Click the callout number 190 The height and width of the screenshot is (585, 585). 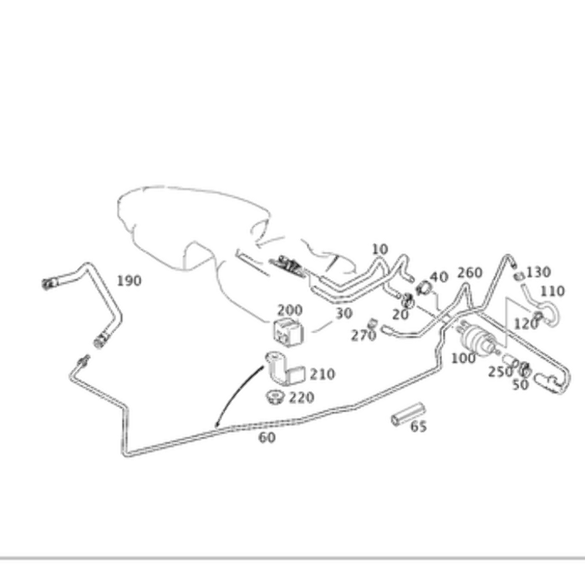pos(130,281)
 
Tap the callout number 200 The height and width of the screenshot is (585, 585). pos(290,310)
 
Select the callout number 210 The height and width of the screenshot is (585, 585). pos(323,374)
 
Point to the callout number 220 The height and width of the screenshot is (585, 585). pos(302,398)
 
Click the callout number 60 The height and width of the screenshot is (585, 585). pos(267,437)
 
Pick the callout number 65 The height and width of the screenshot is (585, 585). pos(419,426)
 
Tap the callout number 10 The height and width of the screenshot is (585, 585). pos(379,249)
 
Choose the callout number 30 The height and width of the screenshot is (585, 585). pos(344,313)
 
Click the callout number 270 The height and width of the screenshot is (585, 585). pos(364,336)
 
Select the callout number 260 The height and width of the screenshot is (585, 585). pos(470,272)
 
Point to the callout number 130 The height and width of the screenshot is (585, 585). pos(538,272)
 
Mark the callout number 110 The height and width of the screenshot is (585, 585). pos(552,291)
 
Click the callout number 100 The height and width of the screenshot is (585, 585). pos(464,359)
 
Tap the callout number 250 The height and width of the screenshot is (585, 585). pos(501,372)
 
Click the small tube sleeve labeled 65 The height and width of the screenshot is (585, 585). pos(408,415)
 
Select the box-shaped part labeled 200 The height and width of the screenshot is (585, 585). pos(288,331)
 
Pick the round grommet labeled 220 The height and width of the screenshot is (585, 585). pos(276,396)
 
